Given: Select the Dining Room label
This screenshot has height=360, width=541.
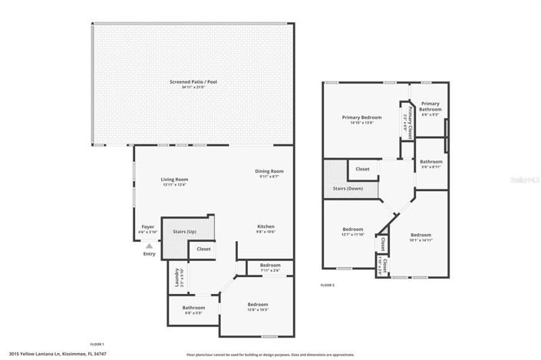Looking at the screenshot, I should pyautogui.click(x=269, y=171).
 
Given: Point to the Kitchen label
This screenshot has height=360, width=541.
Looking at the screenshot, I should pyautogui.click(x=266, y=226).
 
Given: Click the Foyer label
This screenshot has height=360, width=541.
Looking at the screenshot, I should pyautogui.click(x=147, y=226).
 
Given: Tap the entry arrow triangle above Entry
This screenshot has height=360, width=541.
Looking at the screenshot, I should pyautogui.click(x=149, y=245).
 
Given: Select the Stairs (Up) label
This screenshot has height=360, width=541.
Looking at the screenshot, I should pyautogui.click(x=185, y=230).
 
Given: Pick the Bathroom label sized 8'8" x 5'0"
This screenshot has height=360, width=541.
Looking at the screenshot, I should pyautogui.click(x=193, y=308).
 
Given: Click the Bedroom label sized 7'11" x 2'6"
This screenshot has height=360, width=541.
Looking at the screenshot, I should pyautogui.click(x=270, y=265).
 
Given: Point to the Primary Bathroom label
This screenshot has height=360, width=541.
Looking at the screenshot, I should pyautogui.click(x=430, y=106).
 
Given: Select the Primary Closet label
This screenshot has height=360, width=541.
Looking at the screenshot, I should pyautogui.click(x=409, y=119).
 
